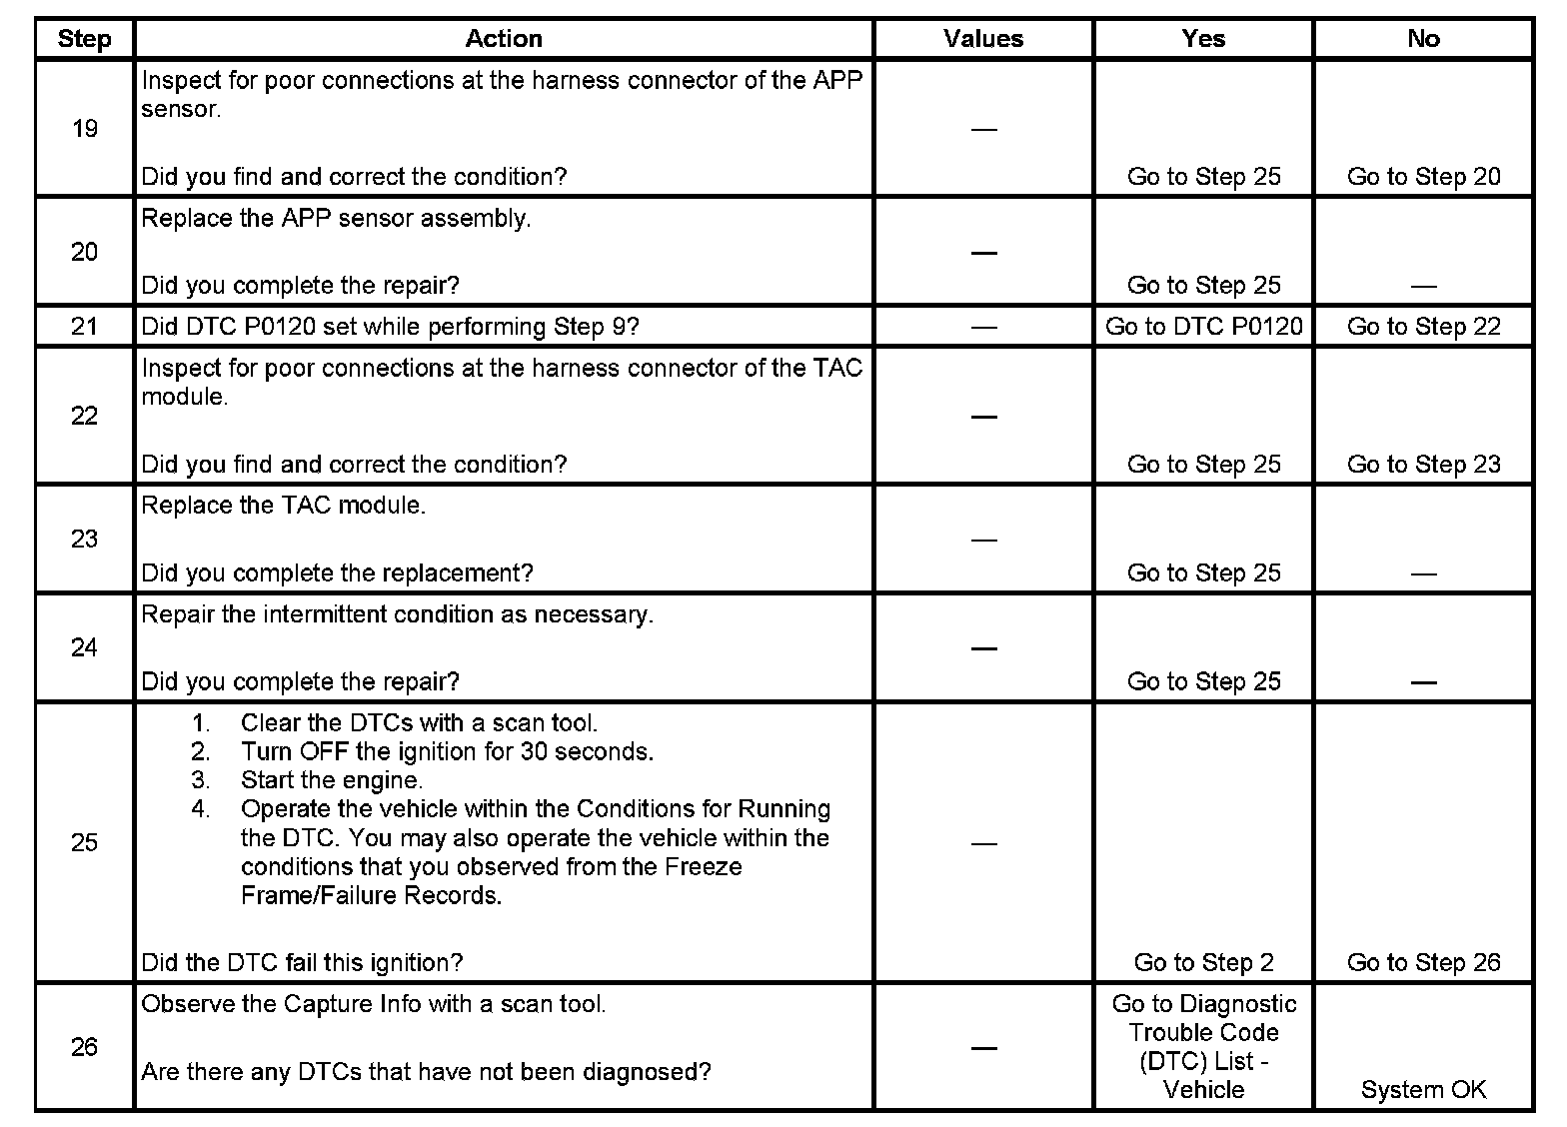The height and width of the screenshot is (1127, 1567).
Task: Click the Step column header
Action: (x=84, y=39)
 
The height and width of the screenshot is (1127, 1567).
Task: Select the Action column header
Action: (x=504, y=39)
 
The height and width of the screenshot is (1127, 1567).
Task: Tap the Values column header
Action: (x=983, y=39)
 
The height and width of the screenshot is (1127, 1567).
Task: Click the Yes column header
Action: (x=1203, y=39)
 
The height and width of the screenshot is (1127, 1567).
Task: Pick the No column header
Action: (x=1423, y=39)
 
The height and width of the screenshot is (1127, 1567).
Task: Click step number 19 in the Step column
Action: (x=85, y=129)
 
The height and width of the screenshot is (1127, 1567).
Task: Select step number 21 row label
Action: (x=85, y=327)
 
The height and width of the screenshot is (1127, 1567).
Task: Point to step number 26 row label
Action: (x=85, y=1047)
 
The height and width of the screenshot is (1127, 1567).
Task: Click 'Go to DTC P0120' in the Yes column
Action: (x=1203, y=327)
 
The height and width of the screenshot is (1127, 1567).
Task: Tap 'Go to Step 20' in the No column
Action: (x=1423, y=177)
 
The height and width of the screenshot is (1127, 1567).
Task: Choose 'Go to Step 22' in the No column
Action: (x=1423, y=327)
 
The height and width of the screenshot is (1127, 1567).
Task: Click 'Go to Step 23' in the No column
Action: (x=1423, y=465)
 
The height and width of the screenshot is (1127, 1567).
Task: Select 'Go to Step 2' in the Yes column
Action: (x=1203, y=963)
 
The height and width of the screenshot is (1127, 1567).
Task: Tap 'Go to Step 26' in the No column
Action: (x=1423, y=963)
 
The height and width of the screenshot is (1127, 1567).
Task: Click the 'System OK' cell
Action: (x=1423, y=1090)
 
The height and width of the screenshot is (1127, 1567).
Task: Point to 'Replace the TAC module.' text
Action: (x=284, y=506)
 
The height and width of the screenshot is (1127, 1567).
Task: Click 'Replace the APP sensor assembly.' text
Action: (x=336, y=219)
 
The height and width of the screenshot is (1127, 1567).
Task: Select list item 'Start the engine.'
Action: (x=332, y=780)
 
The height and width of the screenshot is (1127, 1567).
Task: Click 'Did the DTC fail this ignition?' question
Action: (x=302, y=963)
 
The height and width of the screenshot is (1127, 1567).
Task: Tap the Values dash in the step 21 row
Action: (x=983, y=327)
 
